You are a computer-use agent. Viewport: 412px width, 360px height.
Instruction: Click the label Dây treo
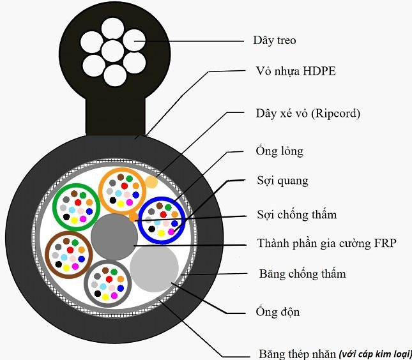[x=270, y=41]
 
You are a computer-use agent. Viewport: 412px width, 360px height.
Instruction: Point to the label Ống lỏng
[x=275, y=152]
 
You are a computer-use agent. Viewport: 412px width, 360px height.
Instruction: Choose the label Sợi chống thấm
[x=296, y=215]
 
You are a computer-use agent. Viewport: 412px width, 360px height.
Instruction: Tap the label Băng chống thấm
[x=302, y=274]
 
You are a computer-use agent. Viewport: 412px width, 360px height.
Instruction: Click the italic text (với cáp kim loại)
[x=376, y=353]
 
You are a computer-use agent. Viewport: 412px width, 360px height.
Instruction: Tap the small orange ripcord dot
[x=151, y=183]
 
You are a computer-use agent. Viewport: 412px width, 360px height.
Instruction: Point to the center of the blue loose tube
[x=162, y=220]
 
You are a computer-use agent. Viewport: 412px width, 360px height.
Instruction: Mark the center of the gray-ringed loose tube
[x=107, y=283]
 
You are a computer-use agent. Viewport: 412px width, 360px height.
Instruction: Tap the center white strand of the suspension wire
[x=112, y=49]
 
